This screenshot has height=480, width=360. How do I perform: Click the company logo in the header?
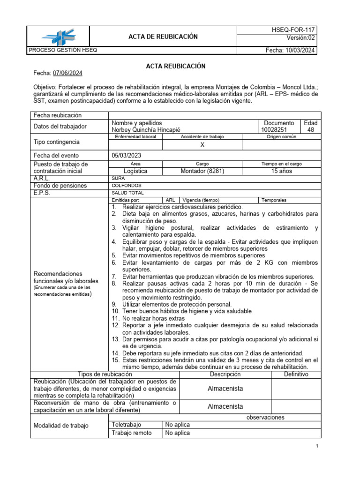[58, 37]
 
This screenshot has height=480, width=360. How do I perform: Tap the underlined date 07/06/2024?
[68, 73]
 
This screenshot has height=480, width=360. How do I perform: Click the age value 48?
[310, 130]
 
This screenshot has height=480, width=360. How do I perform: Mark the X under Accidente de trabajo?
[202, 145]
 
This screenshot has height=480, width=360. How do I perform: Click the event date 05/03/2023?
[127, 156]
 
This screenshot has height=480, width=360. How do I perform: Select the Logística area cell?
[135, 171]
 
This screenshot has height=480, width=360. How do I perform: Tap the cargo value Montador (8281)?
[202, 171]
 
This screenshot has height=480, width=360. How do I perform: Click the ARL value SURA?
[119, 179]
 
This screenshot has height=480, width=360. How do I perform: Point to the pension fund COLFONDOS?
[127, 186]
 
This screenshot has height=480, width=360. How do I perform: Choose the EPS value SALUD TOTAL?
[128, 193]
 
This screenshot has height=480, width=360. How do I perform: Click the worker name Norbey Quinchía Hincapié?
[145, 130]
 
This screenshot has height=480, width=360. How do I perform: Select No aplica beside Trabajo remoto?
[178, 433]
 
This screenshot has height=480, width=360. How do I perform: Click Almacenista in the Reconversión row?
[225, 406]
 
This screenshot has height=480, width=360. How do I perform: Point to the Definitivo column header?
[296, 374]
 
